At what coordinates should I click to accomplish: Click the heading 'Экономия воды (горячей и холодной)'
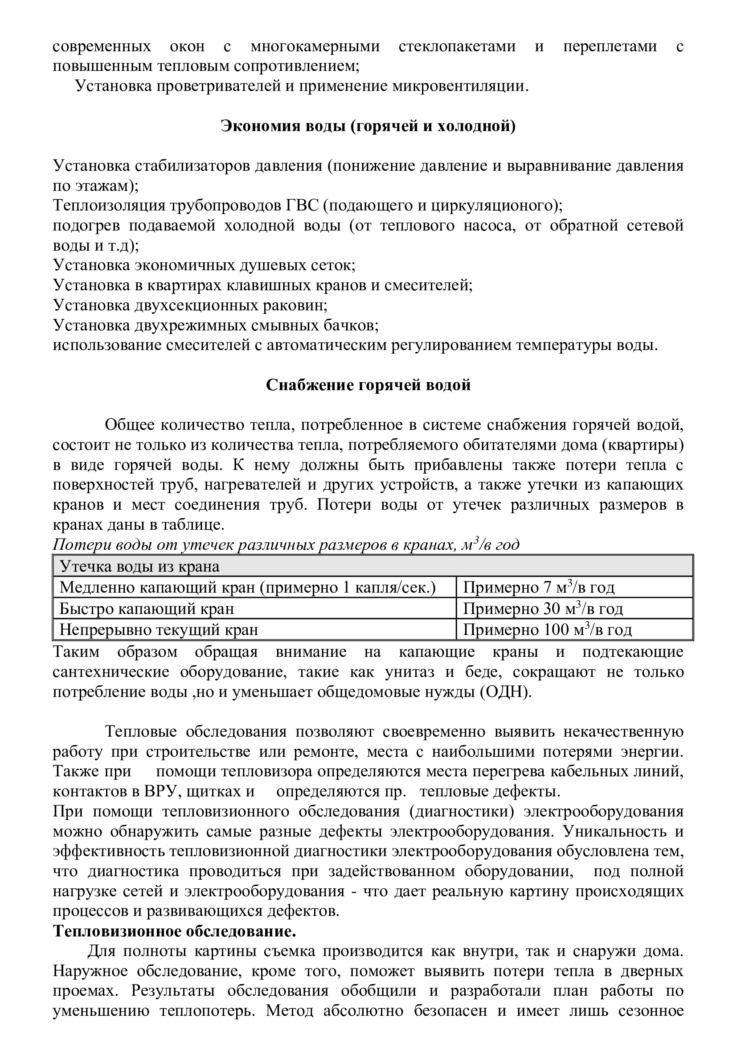tap(368, 126)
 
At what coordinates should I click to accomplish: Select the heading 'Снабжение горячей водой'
tap(368, 385)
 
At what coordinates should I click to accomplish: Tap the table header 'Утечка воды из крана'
tap(140, 566)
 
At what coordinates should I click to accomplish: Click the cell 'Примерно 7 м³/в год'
tap(538, 587)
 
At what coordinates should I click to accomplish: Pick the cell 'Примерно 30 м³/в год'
tap(543, 608)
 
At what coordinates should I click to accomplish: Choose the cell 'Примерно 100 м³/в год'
tap(547, 630)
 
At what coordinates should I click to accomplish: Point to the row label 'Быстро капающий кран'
tap(147, 608)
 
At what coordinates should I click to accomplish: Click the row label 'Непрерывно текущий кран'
tap(159, 630)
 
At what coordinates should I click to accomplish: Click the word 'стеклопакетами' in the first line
tap(457, 46)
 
